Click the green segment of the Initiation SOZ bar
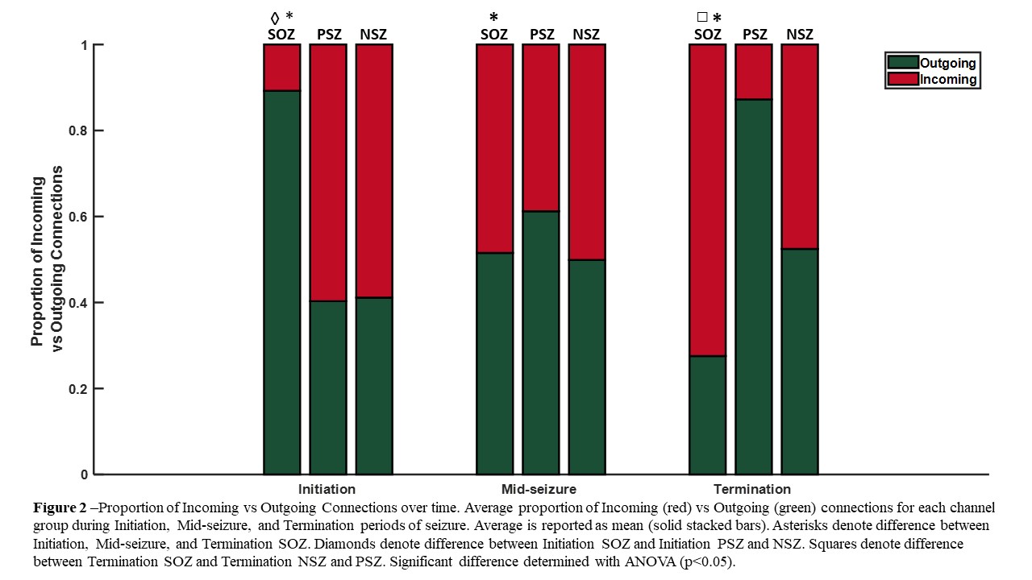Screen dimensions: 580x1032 (282, 282)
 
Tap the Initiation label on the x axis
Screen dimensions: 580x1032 (327, 489)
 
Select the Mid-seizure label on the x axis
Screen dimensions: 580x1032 (539, 489)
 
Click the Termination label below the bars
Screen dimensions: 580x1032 (752, 489)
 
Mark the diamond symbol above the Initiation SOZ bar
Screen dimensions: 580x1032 (274, 17)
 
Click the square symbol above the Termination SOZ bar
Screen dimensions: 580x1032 (701, 17)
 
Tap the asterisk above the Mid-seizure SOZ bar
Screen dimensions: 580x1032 (494, 17)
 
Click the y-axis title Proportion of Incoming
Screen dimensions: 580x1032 (37, 256)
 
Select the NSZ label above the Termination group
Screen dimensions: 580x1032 (800, 34)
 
